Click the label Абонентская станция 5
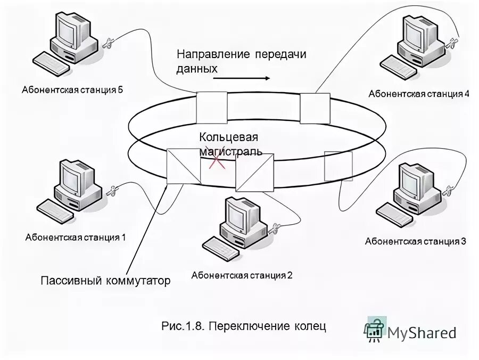point(72,89)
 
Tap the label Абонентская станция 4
point(419,94)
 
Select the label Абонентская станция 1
point(75,238)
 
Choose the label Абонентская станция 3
point(415,241)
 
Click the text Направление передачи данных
point(242,61)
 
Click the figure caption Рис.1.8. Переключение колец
point(243,325)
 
